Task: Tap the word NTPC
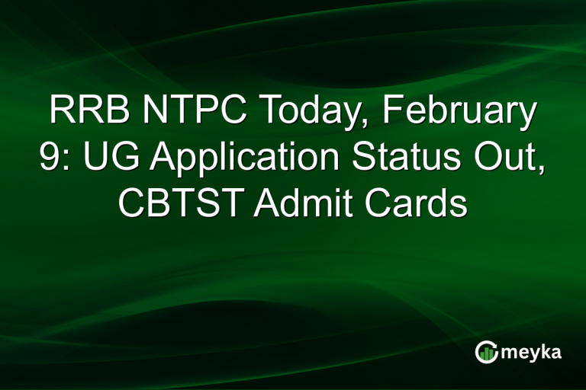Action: point(177,111)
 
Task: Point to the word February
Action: point(458,113)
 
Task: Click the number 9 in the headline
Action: point(48,157)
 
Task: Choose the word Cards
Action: point(420,203)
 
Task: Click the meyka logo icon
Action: point(486,351)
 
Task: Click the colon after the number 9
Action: point(63,161)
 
